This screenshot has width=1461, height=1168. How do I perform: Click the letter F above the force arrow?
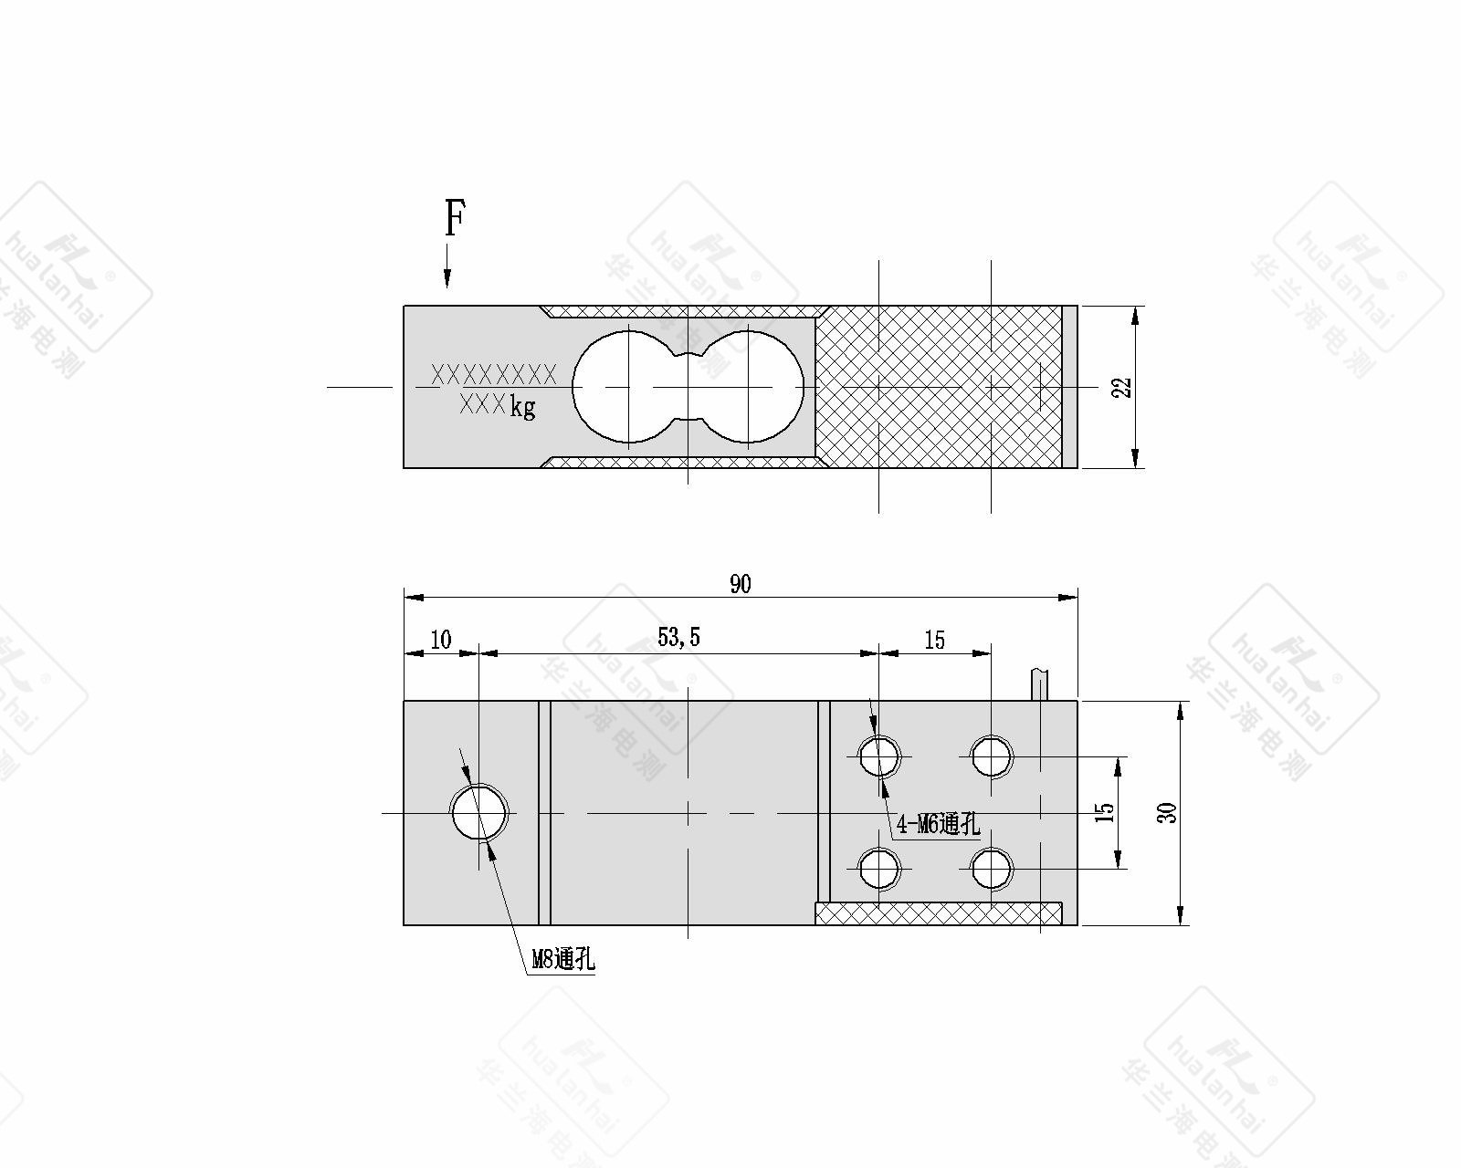pos(455,218)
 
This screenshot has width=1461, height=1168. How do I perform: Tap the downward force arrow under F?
pos(447,266)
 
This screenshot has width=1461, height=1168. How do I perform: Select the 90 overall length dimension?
pos(740,584)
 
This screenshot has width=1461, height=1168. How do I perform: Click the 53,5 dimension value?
pos(678,637)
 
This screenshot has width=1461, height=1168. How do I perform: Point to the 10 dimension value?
pos(441,640)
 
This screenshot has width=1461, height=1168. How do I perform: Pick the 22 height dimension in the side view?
pos(1122,387)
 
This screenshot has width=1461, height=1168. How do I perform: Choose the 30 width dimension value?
pos(1166,812)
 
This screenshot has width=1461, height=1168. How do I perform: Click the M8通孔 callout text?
pos(562,960)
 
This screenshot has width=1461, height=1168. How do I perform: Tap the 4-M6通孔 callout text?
pos(939,824)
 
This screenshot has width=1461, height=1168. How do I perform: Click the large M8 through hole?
pos(479,812)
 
